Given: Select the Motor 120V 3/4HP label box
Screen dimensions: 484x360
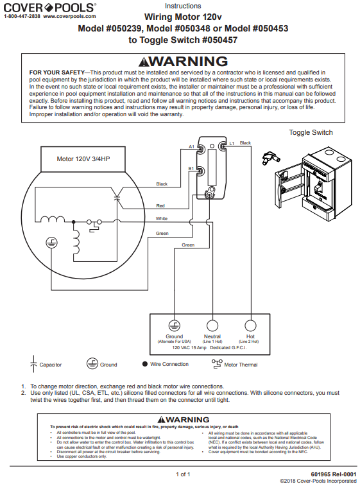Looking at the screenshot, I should pos(83,158).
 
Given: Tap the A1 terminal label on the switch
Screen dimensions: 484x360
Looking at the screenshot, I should pos(191,147).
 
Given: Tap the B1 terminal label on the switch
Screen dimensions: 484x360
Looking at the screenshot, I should pos(191,168).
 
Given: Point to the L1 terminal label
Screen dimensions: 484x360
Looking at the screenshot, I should pos(232,143).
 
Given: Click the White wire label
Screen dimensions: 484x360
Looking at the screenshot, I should pos(162,219).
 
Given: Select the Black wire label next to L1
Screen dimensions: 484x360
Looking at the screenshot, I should pos(246,143).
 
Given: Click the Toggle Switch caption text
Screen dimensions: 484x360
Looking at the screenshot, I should pos(311,132).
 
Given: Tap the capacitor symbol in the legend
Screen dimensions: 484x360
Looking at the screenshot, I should pos(33,364).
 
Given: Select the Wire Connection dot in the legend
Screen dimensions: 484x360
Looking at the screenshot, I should pos(145,364).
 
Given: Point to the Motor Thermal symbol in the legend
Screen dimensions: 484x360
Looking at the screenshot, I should pos(216,363).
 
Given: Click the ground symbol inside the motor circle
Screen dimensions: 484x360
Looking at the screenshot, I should pos(53,243).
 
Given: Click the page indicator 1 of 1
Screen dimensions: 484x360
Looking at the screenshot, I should pos(183,474).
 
